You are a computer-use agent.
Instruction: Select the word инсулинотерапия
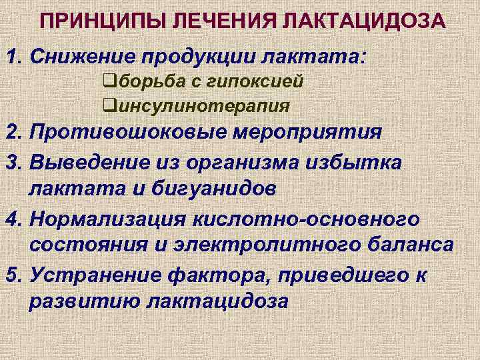point(200,105)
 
